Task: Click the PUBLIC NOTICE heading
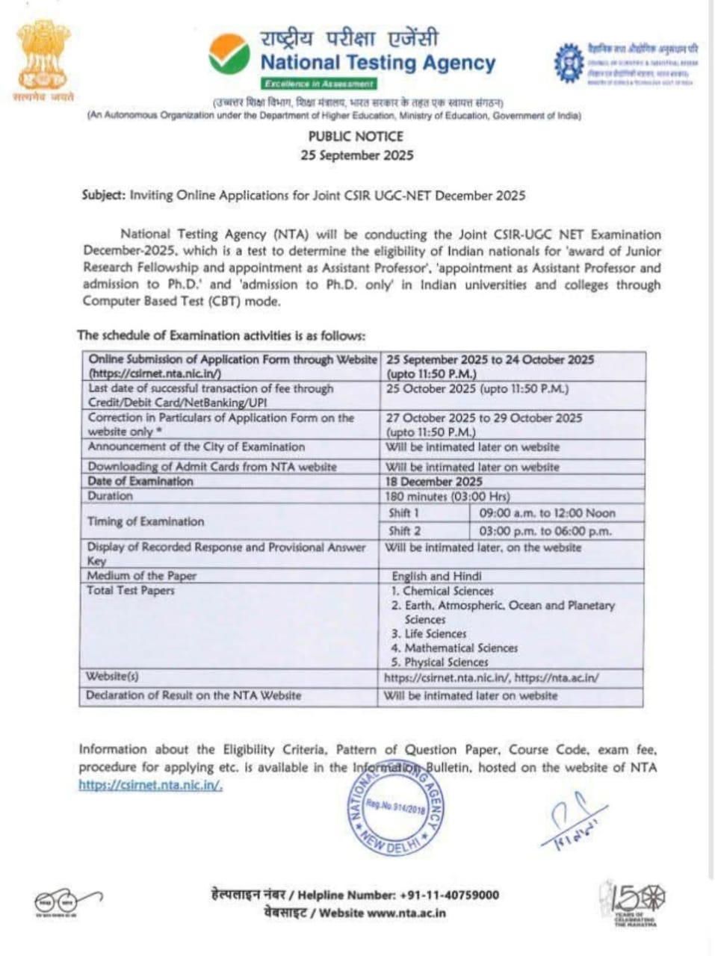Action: coord(356,136)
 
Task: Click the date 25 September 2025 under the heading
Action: coord(356,155)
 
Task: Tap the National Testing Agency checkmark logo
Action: coord(229,54)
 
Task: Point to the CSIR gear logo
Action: coord(569,63)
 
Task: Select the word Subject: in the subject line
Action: coord(104,195)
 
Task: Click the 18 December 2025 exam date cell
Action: coord(434,482)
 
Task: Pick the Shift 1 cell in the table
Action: coord(404,513)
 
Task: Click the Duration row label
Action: coord(110,496)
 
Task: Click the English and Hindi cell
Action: coord(436,576)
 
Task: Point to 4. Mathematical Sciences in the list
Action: coord(454,648)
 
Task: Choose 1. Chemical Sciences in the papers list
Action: coord(442,591)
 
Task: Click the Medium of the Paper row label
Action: coord(141,576)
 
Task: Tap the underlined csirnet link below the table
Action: coord(150,785)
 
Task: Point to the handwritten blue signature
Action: coord(572,822)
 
